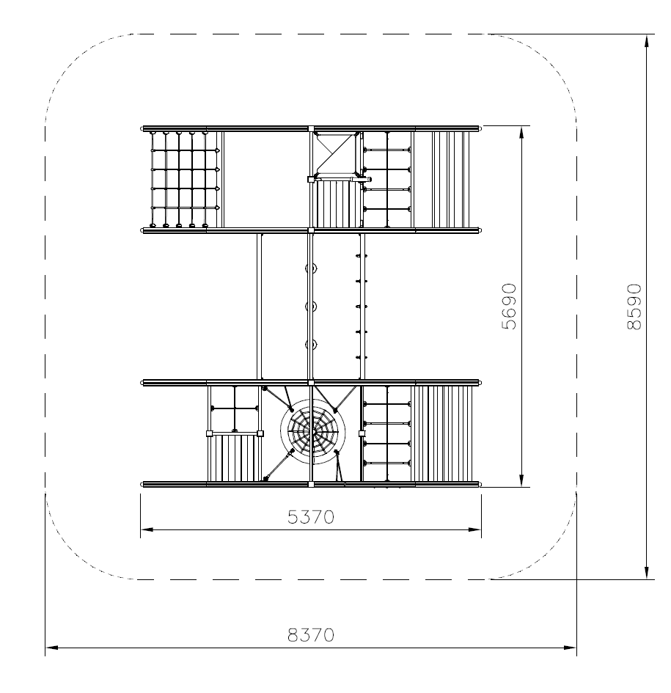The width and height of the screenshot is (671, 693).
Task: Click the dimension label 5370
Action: pyautogui.click(x=311, y=517)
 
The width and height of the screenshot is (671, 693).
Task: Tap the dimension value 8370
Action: pyautogui.click(x=311, y=635)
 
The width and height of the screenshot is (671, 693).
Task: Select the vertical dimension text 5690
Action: pyautogui.click(x=509, y=307)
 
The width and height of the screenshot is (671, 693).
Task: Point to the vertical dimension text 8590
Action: pyautogui.click(x=634, y=307)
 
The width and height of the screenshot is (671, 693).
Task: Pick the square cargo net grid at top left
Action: pyautogui.click(x=186, y=180)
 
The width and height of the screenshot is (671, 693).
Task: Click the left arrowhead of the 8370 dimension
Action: pyautogui.click(x=51, y=648)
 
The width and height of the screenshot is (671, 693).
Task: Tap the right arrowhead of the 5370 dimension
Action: pyautogui.click(x=475, y=529)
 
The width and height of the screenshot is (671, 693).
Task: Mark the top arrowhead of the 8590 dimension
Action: pyautogui.click(x=647, y=40)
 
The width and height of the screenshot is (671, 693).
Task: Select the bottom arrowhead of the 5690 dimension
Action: pyautogui.click(x=521, y=480)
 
